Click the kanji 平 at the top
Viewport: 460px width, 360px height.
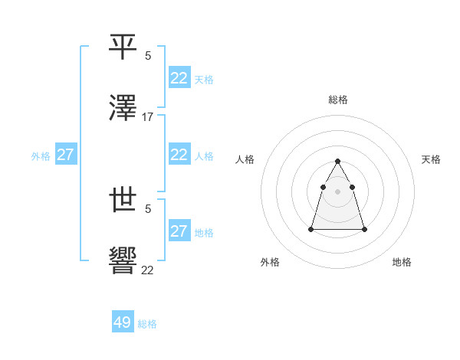123,47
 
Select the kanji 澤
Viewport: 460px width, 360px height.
123,109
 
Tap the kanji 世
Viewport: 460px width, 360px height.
123,201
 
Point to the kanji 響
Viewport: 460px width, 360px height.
123,263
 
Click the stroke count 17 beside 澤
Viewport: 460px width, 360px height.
148,117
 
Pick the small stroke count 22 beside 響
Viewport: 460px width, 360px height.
148,270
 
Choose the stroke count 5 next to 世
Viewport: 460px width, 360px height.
148,208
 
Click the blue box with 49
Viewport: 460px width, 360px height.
123,322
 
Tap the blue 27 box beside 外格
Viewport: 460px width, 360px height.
65,155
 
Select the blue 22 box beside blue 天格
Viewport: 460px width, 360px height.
179,77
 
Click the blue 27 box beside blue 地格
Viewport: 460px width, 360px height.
179,231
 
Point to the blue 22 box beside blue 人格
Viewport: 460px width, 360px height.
179,155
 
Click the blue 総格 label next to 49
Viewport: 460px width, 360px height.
148,324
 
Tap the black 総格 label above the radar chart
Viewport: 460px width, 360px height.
338,100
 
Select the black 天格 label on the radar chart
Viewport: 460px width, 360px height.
431,159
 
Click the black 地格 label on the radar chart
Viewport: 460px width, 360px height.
402,262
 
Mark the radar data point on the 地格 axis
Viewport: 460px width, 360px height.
364,229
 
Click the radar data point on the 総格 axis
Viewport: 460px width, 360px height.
338,161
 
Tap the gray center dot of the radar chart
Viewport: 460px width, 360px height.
338,191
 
